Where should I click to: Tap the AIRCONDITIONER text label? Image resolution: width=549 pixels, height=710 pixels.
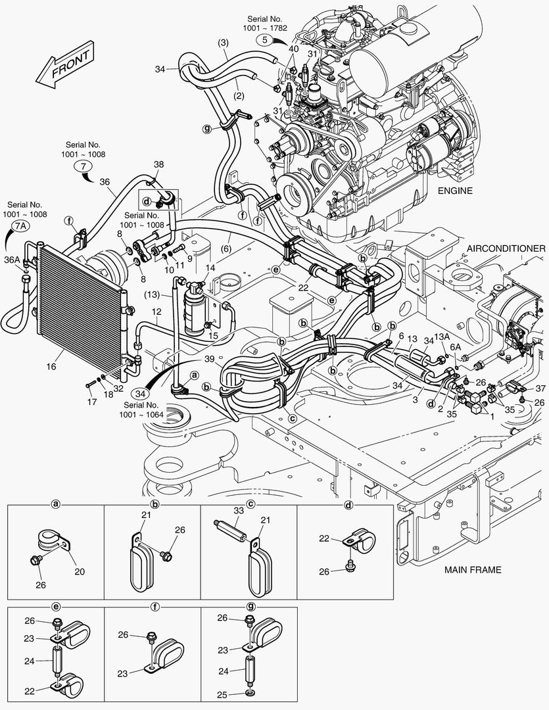tap(506, 248)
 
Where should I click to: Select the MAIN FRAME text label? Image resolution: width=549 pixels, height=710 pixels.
tap(472, 569)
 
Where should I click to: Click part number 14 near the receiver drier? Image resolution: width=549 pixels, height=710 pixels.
tap(210, 268)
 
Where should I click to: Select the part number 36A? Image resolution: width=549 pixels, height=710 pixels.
tap(12, 260)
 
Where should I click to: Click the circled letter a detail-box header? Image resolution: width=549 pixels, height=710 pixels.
tap(56, 504)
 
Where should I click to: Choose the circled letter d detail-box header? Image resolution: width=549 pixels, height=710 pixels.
tap(348, 504)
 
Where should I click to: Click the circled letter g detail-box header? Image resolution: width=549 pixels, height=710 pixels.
tap(250, 607)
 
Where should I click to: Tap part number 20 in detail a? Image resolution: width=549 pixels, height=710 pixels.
tap(79, 571)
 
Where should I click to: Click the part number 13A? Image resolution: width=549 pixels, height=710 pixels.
tap(442, 337)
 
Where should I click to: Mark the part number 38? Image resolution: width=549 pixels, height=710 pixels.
tap(159, 164)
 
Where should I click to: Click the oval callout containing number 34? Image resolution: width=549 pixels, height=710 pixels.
tap(140, 392)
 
